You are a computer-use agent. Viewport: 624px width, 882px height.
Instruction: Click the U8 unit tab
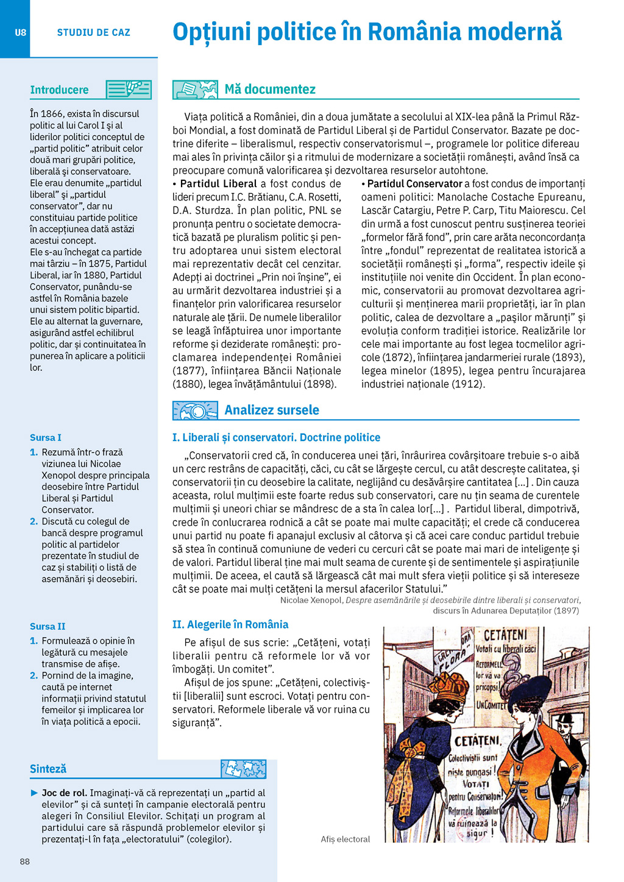pos(20,32)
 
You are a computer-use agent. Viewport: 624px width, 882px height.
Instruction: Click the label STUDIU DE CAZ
pos(93,33)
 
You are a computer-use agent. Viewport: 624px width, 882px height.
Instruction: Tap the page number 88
pos(25,861)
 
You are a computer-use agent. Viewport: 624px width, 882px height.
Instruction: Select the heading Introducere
pos(59,90)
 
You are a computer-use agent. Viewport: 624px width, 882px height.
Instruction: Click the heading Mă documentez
pos(270,90)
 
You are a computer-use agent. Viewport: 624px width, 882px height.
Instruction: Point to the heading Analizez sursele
pos(272,410)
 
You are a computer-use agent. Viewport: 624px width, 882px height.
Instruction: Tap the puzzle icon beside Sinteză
pos(243,769)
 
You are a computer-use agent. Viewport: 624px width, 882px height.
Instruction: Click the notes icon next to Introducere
pos(128,90)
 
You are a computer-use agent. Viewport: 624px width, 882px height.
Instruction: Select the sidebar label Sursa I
pos(46,437)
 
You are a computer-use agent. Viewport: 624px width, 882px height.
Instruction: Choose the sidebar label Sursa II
pos(48,626)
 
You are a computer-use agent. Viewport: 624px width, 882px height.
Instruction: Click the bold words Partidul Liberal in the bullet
pos(218,184)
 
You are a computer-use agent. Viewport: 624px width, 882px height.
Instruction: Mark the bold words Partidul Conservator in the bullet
pos(415,184)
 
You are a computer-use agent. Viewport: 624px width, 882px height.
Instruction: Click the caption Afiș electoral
pos(345,839)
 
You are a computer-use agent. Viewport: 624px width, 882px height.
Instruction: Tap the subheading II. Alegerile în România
pos(230,624)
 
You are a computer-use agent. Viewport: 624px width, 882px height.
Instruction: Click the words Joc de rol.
pos(65,793)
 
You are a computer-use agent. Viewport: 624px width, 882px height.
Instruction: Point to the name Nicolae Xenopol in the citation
pos(311,600)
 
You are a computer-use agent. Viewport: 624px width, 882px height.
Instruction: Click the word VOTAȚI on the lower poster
pos(476,784)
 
